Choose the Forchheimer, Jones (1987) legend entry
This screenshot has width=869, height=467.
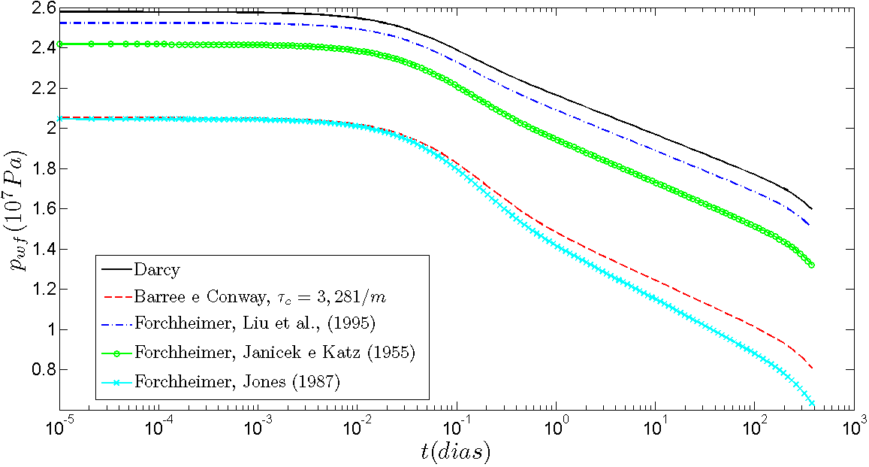point(238,381)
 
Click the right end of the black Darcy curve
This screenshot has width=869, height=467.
point(812,209)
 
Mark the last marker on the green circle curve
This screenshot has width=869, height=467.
point(812,265)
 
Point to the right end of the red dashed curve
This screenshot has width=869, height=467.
point(812,368)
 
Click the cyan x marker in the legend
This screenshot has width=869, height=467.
point(117,381)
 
